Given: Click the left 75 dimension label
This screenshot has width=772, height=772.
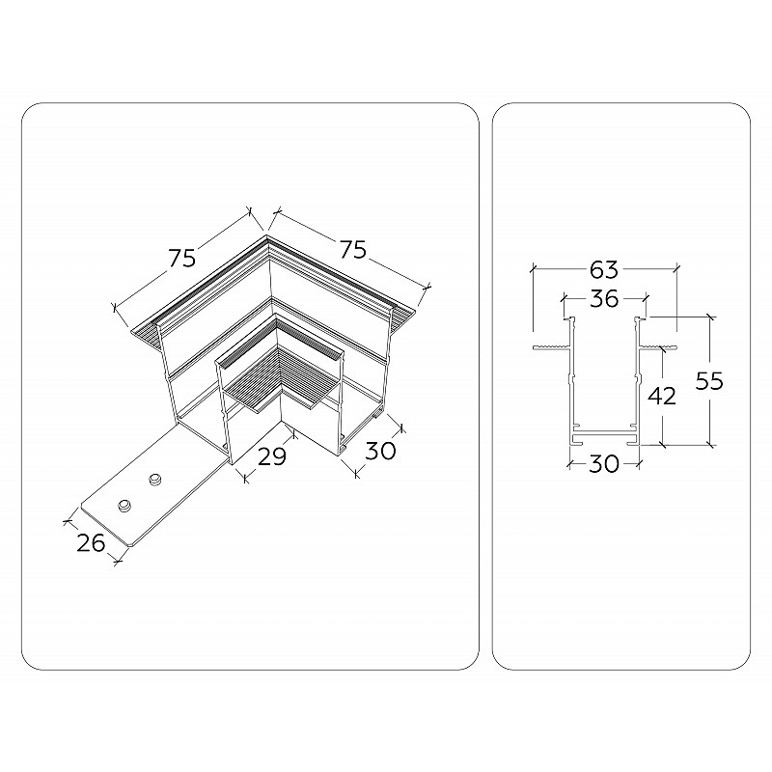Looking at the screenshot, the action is [182, 258].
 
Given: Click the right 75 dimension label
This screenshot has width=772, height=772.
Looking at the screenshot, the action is [353, 249].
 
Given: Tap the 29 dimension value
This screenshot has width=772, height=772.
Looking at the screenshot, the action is [272, 456].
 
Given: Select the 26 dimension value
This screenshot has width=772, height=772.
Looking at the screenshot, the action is [91, 542].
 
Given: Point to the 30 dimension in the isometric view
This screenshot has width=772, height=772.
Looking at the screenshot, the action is [381, 451].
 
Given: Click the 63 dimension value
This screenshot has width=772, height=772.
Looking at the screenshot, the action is [604, 269].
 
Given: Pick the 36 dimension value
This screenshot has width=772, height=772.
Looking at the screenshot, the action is [604, 298].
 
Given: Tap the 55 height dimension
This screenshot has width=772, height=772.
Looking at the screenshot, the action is [709, 380].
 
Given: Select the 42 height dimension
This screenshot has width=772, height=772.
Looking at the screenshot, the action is [662, 396].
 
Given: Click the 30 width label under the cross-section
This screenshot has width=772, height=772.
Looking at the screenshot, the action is [604, 463].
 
